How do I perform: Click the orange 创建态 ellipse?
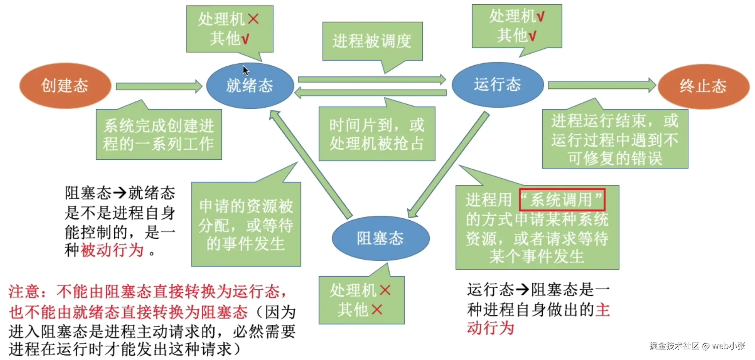65,86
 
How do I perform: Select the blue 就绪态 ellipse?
250,86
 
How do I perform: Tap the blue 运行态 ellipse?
497,84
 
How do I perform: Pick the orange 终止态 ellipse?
703,86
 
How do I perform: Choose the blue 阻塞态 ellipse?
381,238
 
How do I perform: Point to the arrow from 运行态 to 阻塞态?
449,164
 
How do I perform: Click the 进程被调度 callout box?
372,41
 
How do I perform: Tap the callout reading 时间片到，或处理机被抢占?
377,134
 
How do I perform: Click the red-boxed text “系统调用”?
562,200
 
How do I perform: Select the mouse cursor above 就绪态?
246,70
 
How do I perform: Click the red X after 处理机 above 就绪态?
254,19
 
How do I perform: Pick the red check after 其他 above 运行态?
532,35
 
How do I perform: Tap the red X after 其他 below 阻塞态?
377,309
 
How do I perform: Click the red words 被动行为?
112,250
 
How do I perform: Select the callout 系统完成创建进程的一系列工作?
159,135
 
